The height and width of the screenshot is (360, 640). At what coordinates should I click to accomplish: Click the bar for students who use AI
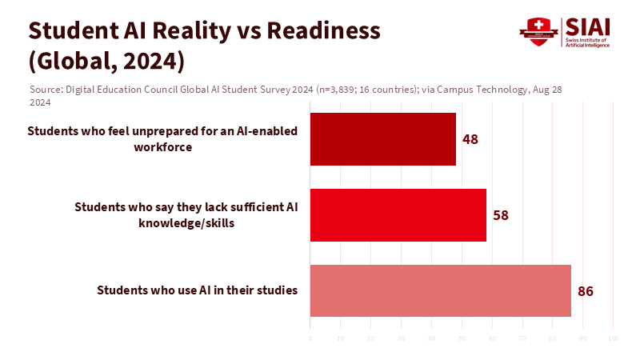click(440, 290)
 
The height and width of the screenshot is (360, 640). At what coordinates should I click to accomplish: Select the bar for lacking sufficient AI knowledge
click(398, 215)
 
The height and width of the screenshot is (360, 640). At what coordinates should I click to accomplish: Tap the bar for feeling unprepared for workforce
click(382, 139)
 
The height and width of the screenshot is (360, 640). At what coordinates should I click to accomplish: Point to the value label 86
click(585, 290)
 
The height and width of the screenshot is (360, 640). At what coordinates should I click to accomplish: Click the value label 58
click(501, 215)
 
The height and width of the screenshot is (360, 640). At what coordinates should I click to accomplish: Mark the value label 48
click(470, 139)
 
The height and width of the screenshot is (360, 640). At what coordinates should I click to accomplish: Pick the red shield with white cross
click(537, 31)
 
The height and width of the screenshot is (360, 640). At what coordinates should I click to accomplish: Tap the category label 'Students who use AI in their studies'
click(197, 290)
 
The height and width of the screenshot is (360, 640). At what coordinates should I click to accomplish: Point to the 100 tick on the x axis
click(613, 339)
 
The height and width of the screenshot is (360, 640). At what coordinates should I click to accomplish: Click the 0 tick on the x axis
click(310, 339)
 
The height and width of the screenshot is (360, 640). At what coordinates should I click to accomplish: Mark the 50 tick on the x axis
click(462, 339)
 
